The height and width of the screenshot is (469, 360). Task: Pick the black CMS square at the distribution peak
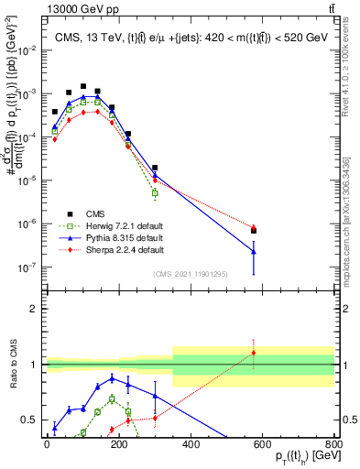click(83, 86)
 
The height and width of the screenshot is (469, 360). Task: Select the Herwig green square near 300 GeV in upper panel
click(155, 193)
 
